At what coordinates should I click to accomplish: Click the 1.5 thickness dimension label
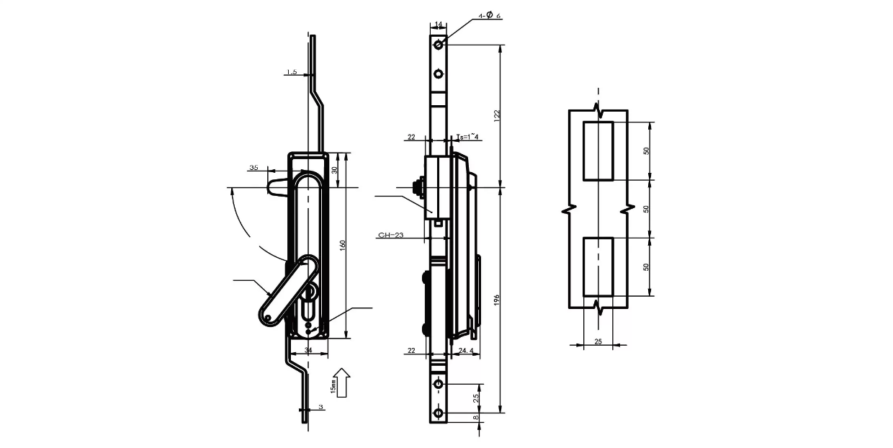pos(292,72)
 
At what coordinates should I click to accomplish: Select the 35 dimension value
pos(253,167)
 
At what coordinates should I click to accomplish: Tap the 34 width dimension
pos(308,350)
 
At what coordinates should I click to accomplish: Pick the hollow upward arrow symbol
pos(343,382)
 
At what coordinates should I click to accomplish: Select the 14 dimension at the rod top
pos(439,24)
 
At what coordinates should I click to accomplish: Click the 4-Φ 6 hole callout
pos(489,15)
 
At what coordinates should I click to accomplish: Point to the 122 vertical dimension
pos(496,115)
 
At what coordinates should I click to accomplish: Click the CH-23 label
pos(390,235)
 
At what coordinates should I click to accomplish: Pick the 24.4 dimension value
pos(466,351)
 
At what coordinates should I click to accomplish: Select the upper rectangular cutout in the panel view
pos(598,151)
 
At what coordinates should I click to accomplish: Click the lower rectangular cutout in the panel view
pos(598,266)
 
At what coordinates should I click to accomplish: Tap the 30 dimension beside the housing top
pos(334,170)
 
